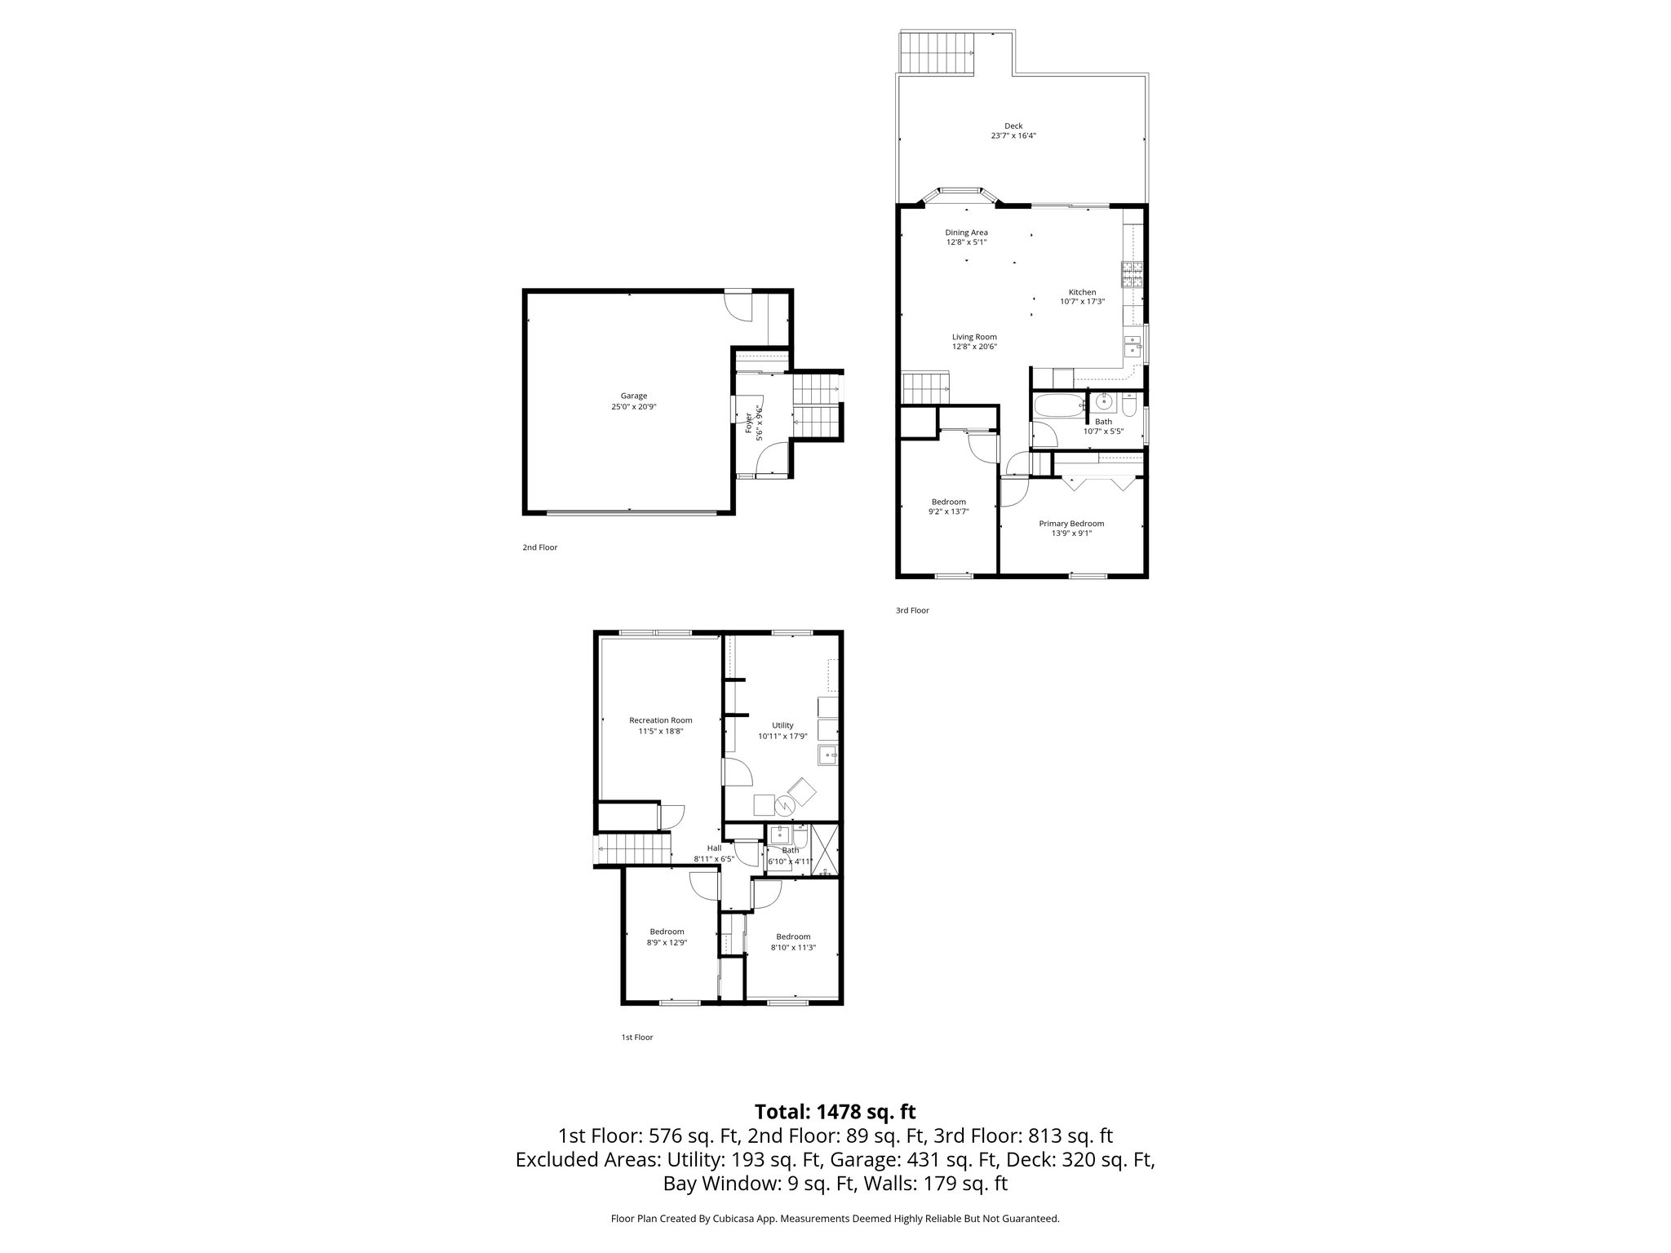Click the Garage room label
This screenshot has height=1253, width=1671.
click(x=633, y=396)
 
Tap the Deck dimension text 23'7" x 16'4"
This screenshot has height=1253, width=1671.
click(x=1013, y=136)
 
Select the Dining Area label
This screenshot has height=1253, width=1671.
click(x=966, y=232)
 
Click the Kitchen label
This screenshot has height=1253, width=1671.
click(x=1082, y=292)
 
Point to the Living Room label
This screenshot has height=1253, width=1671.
click(x=974, y=337)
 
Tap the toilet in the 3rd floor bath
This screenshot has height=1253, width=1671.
click(x=1129, y=405)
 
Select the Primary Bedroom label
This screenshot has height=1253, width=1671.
click(x=1070, y=524)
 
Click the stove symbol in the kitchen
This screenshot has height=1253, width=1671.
click(x=1132, y=275)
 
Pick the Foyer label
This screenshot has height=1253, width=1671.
click(x=749, y=423)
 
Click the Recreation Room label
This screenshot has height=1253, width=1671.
click(x=660, y=720)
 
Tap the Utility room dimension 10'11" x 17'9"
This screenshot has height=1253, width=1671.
click(x=782, y=736)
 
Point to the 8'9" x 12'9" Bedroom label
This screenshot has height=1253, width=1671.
click(x=667, y=932)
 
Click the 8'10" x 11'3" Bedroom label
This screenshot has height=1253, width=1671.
click(x=793, y=936)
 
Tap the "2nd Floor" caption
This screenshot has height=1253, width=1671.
click(x=539, y=547)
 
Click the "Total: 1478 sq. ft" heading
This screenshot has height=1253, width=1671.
click(x=835, y=1112)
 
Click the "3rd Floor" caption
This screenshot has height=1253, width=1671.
click(x=912, y=610)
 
